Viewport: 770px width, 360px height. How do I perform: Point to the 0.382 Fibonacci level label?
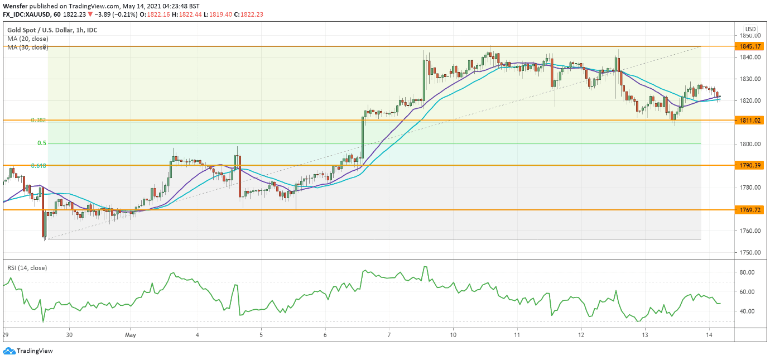(38, 120)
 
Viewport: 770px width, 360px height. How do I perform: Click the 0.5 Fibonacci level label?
(42, 143)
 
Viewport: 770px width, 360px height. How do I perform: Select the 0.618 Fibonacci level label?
(38, 166)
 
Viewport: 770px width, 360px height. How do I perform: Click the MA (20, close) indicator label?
(27, 39)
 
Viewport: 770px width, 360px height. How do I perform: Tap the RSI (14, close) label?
(27, 268)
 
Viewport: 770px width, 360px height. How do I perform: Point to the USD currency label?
(750, 29)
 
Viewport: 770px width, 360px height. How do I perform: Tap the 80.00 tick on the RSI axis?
(747, 273)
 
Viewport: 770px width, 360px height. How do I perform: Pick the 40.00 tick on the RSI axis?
(747, 311)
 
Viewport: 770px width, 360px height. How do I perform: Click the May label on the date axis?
(131, 335)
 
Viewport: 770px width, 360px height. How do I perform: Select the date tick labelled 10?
(453, 335)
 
